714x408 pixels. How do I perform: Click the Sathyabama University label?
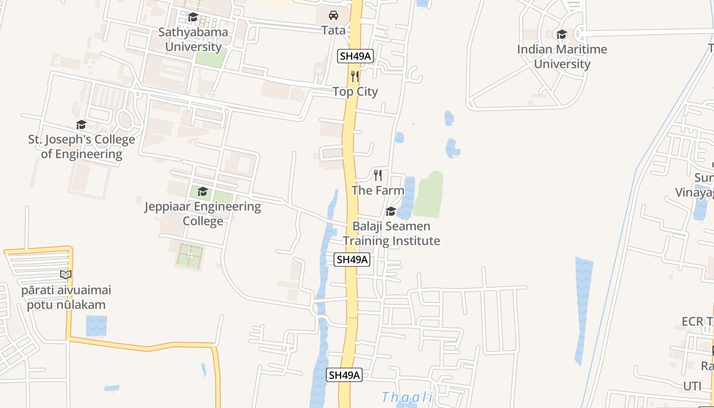tap(193, 39)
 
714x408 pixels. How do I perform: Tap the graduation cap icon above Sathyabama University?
tap(193, 17)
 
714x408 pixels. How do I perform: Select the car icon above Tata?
tap(334, 15)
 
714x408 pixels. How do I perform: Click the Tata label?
tap(334, 30)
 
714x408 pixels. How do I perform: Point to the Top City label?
tap(355, 92)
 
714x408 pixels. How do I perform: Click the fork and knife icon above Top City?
tap(355, 76)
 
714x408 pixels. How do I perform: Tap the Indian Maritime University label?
tap(562, 57)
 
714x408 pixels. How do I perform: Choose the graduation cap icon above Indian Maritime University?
tap(562, 34)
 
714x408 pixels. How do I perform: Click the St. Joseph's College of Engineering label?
tap(82, 147)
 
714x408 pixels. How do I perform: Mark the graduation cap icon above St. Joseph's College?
tap(81, 125)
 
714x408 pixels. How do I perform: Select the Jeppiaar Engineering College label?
tap(202, 214)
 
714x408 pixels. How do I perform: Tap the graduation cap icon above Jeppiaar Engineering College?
tap(202, 192)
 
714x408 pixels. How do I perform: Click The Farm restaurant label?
tap(378, 190)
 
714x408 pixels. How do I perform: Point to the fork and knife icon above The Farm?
tap(378, 175)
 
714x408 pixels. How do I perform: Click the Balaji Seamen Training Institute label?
tap(391, 234)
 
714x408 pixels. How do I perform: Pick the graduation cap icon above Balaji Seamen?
tap(391, 211)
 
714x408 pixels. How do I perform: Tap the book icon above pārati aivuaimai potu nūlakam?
tap(66, 275)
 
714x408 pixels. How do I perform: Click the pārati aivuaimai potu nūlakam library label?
tap(66, 298)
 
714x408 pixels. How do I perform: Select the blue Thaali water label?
tap(407, 397)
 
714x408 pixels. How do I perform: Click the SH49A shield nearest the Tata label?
tap(355, 56)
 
